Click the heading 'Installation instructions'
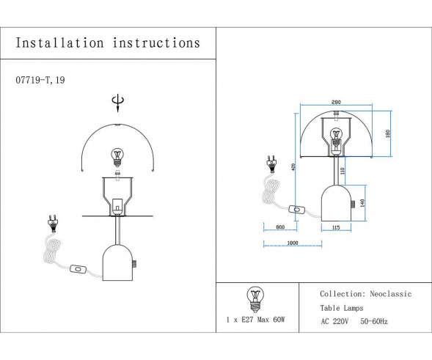point(108,43)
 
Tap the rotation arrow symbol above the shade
point(115,102)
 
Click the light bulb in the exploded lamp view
point(116,156)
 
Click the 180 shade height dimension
point(387,134)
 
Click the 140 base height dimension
point(362,202)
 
